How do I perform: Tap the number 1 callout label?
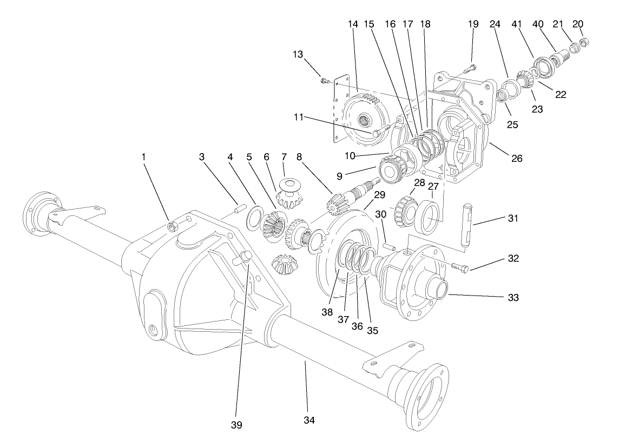[143, 156]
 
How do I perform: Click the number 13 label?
[298, 55]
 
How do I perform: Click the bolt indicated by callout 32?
[457, 267]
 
